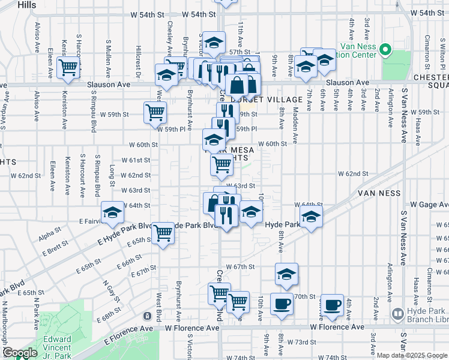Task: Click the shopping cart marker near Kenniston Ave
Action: click(x=68, y=67)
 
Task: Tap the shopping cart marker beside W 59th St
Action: click(x=155, y=112)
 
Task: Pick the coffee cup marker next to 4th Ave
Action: click(x=332, y=305)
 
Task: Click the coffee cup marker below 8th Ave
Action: click(x=281, y=304)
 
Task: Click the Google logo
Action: click(x=19, y=353)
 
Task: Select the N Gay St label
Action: click(x=107, y=290)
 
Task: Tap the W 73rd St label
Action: click(x=300, y=342)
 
